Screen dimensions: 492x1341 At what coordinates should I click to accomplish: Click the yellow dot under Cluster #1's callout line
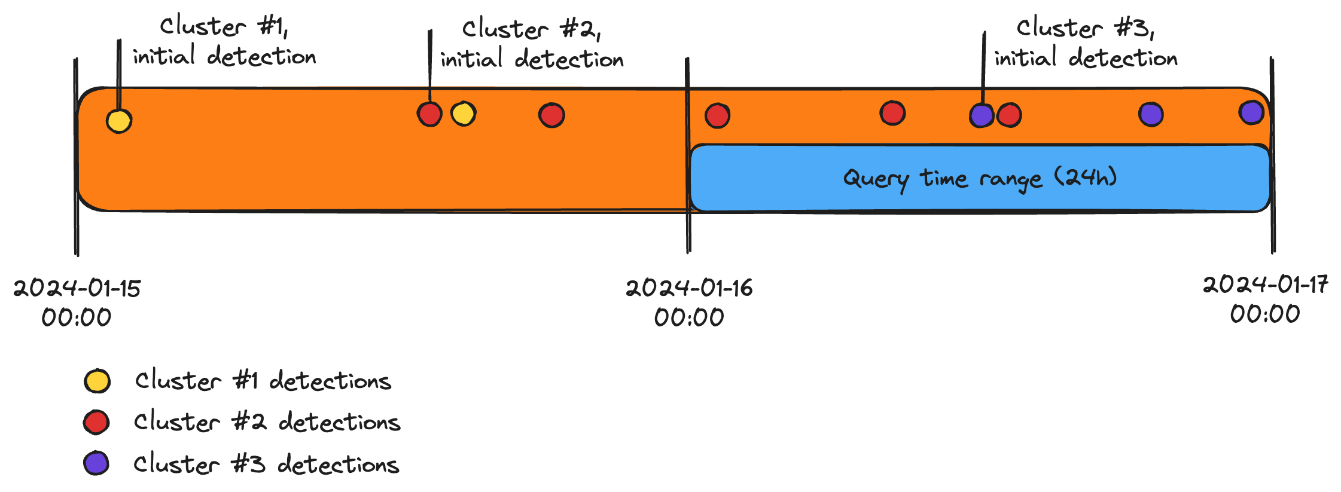point(119,121)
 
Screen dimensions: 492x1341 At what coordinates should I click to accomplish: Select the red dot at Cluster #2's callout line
point(429,114)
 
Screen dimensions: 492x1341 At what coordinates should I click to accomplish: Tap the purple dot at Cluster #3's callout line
point(982,115)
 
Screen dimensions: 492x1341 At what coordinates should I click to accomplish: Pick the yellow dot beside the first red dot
point(464,114)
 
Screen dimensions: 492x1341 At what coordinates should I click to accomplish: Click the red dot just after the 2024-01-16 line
point(717,115)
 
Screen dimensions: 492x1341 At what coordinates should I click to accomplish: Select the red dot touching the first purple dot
point(1010,115)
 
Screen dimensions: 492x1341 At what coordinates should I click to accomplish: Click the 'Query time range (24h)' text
point(980,178)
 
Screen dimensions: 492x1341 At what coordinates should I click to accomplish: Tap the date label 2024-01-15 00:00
point(77,302)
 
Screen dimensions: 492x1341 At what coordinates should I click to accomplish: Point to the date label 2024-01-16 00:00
point(689,302)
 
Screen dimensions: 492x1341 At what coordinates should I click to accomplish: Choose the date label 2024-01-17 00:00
point(1265,299)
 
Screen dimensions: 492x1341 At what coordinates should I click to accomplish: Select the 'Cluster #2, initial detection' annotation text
point(532,44)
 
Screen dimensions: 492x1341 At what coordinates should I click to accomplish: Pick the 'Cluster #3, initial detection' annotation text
point(1086,43)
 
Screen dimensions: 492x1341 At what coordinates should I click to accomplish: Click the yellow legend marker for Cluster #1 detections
point(97,381)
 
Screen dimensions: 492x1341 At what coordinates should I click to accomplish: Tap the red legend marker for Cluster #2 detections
point(96,422)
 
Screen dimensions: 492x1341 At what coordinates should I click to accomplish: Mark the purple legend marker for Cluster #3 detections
point(96,463)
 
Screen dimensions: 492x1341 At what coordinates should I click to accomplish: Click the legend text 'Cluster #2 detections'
point(267,422)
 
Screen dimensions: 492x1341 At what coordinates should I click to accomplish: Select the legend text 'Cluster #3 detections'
point(266,464)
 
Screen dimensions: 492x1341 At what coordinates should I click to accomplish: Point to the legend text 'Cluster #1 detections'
point(263,381)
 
